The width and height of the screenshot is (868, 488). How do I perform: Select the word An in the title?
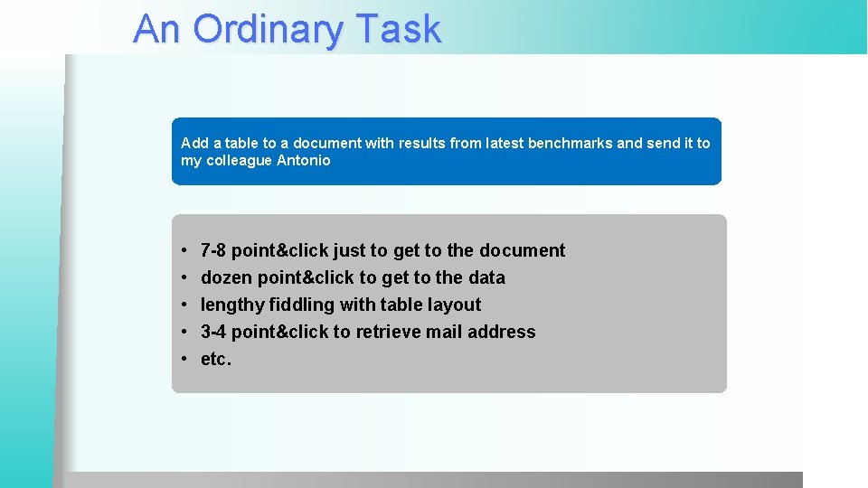[x=157, y=29]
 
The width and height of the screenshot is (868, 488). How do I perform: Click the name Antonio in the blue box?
[x=303, y=161]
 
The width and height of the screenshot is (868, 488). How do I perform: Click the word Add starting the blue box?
[x=194, y=143]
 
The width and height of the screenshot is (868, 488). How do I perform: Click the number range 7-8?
[x=214, y=250]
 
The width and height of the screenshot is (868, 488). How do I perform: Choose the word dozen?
[x=226, y=277]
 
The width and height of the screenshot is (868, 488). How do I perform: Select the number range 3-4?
[x=214, y=332]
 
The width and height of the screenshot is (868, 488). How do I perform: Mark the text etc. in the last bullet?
[x=216, y=359]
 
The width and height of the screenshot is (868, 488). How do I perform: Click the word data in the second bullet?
[x=486, y=277]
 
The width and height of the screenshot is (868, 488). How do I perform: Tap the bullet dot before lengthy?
[x=184, y=305]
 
